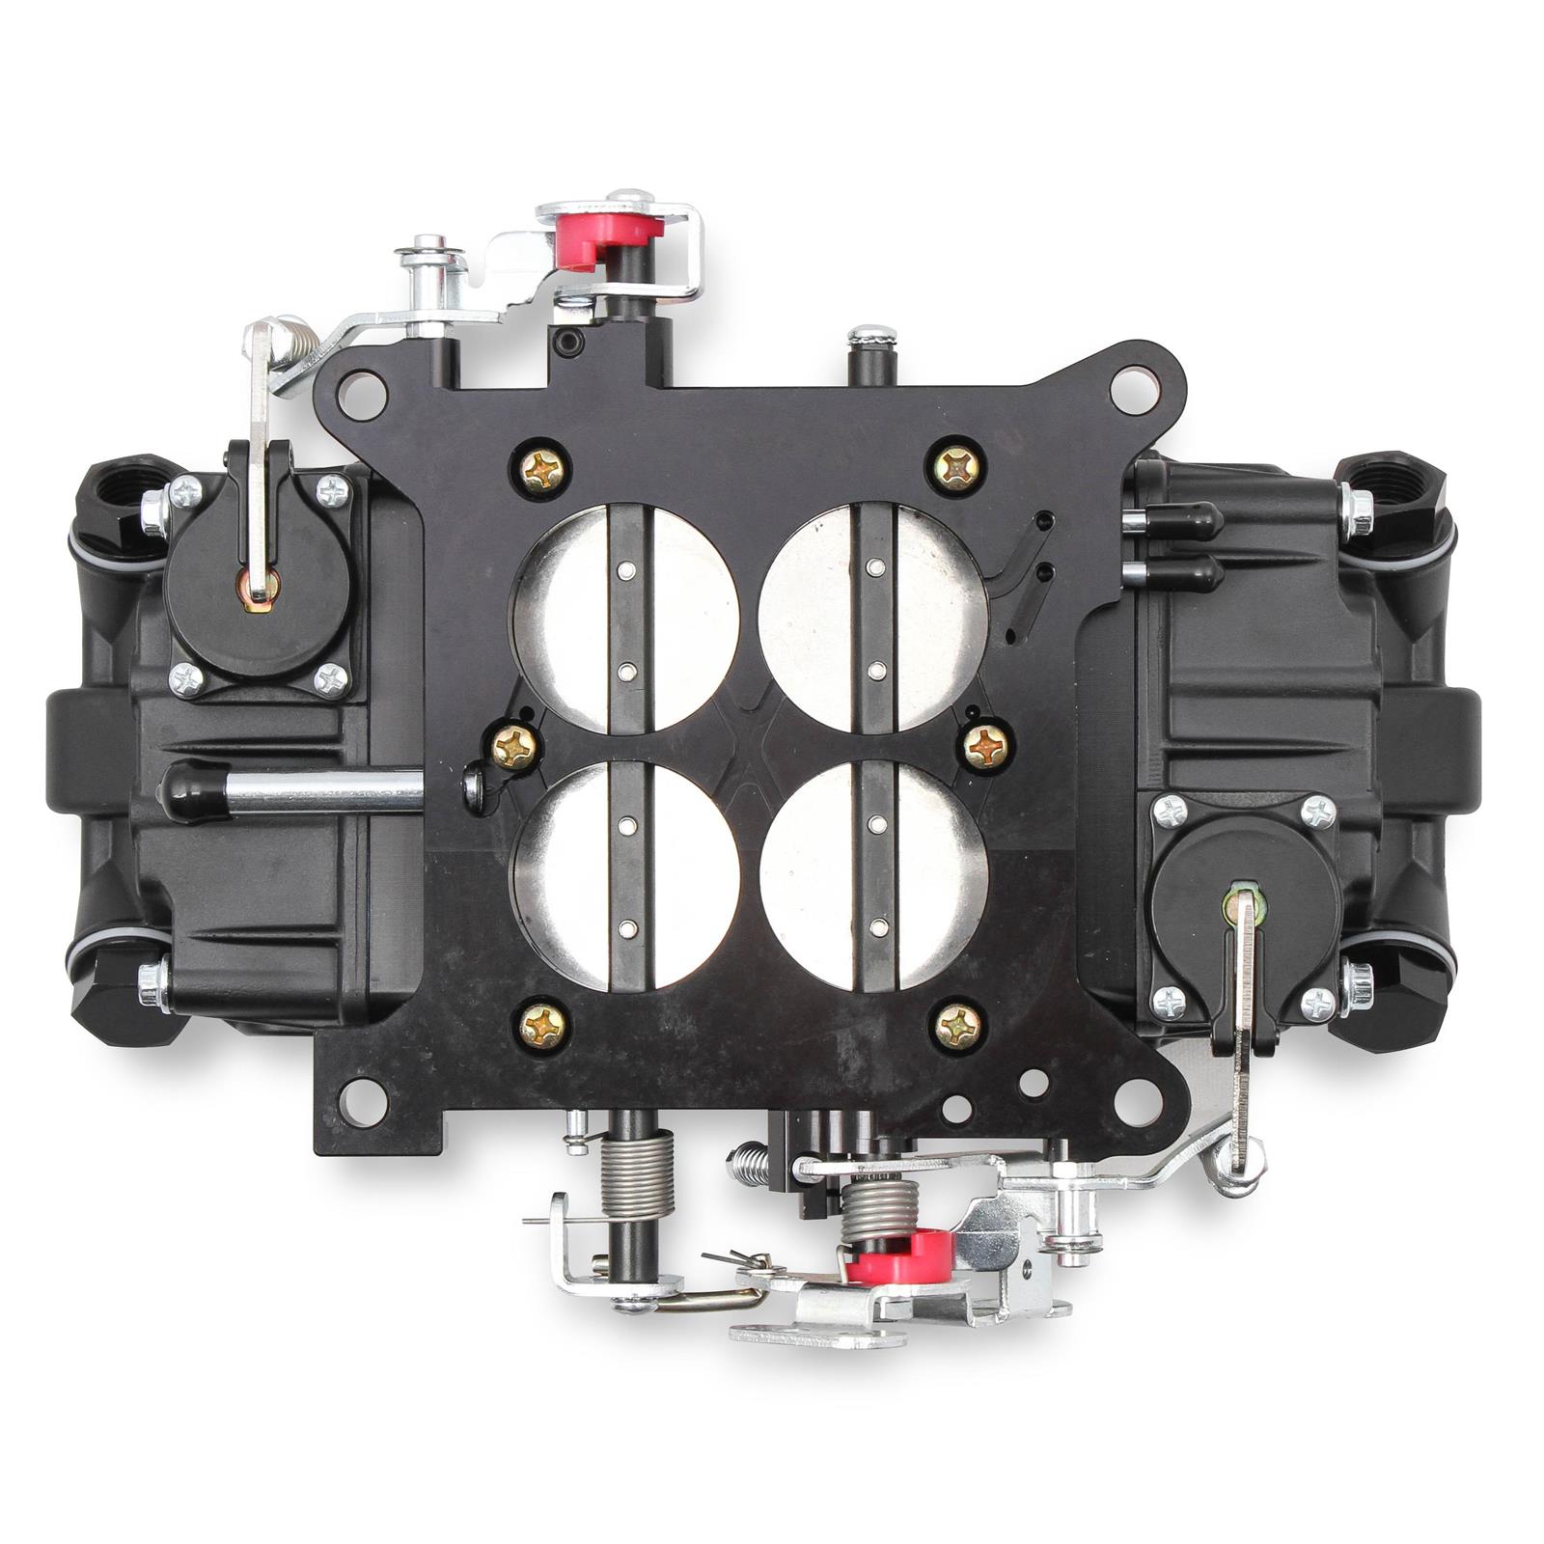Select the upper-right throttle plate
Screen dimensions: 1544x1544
[874, 616]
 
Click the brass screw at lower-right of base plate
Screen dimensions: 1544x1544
[958, 1025]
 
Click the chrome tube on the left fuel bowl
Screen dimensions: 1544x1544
[309, 789]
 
